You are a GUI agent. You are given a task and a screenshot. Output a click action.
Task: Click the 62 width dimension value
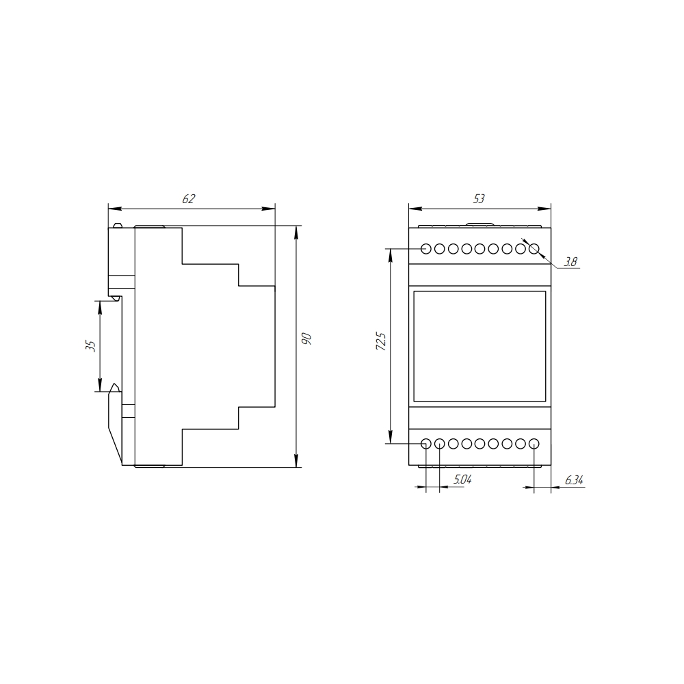tap(189, 199)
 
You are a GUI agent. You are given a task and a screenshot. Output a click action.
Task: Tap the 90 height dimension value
tap(306, 339)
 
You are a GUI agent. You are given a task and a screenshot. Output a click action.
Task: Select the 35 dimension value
tap(90, 346)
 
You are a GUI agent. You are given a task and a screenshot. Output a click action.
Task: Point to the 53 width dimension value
tap(479, 199)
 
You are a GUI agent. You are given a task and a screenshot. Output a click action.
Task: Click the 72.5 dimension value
tap(380, 341)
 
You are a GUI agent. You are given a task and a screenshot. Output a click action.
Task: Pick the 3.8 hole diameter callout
tap(570, 262)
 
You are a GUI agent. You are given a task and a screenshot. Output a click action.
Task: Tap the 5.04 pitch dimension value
tap(462, 480)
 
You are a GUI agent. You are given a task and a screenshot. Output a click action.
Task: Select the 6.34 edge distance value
tap(574, 480)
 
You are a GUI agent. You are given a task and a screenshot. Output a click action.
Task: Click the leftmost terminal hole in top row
tap(426, 249)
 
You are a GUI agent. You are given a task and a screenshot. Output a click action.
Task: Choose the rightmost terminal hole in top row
tap(534, 249)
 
